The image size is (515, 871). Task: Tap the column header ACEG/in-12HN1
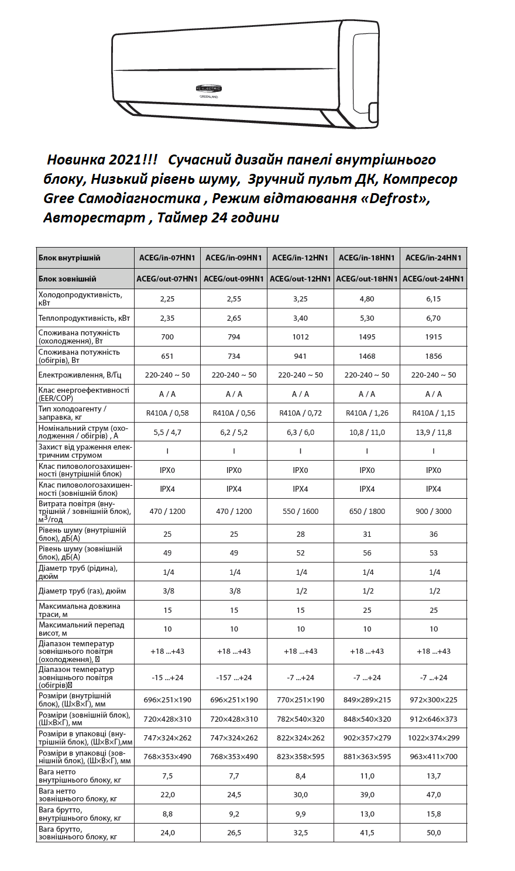click(300, 258)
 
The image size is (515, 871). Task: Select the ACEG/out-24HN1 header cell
click(433, 279)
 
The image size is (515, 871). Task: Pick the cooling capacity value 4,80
click(366, 299)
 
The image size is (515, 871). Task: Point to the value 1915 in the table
click(433, 337)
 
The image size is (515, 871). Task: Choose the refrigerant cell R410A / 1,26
click(366, 413)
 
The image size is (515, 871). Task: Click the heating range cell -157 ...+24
click(234, 678)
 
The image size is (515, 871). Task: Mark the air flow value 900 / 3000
click(433, 511)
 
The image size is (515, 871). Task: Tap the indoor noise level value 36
click(433, 534)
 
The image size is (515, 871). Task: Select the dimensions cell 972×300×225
click(433, 700)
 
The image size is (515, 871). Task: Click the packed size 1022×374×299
click(433, 738)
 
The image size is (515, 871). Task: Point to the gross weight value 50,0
click(433, 833)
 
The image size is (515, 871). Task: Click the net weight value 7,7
click(234, 776)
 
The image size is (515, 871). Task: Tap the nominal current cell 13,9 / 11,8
click(433, 433)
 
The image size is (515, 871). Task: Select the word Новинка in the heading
click(75, 160)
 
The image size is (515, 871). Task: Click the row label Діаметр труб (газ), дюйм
click(82, 591)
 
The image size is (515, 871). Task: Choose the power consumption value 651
click(167, 356)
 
